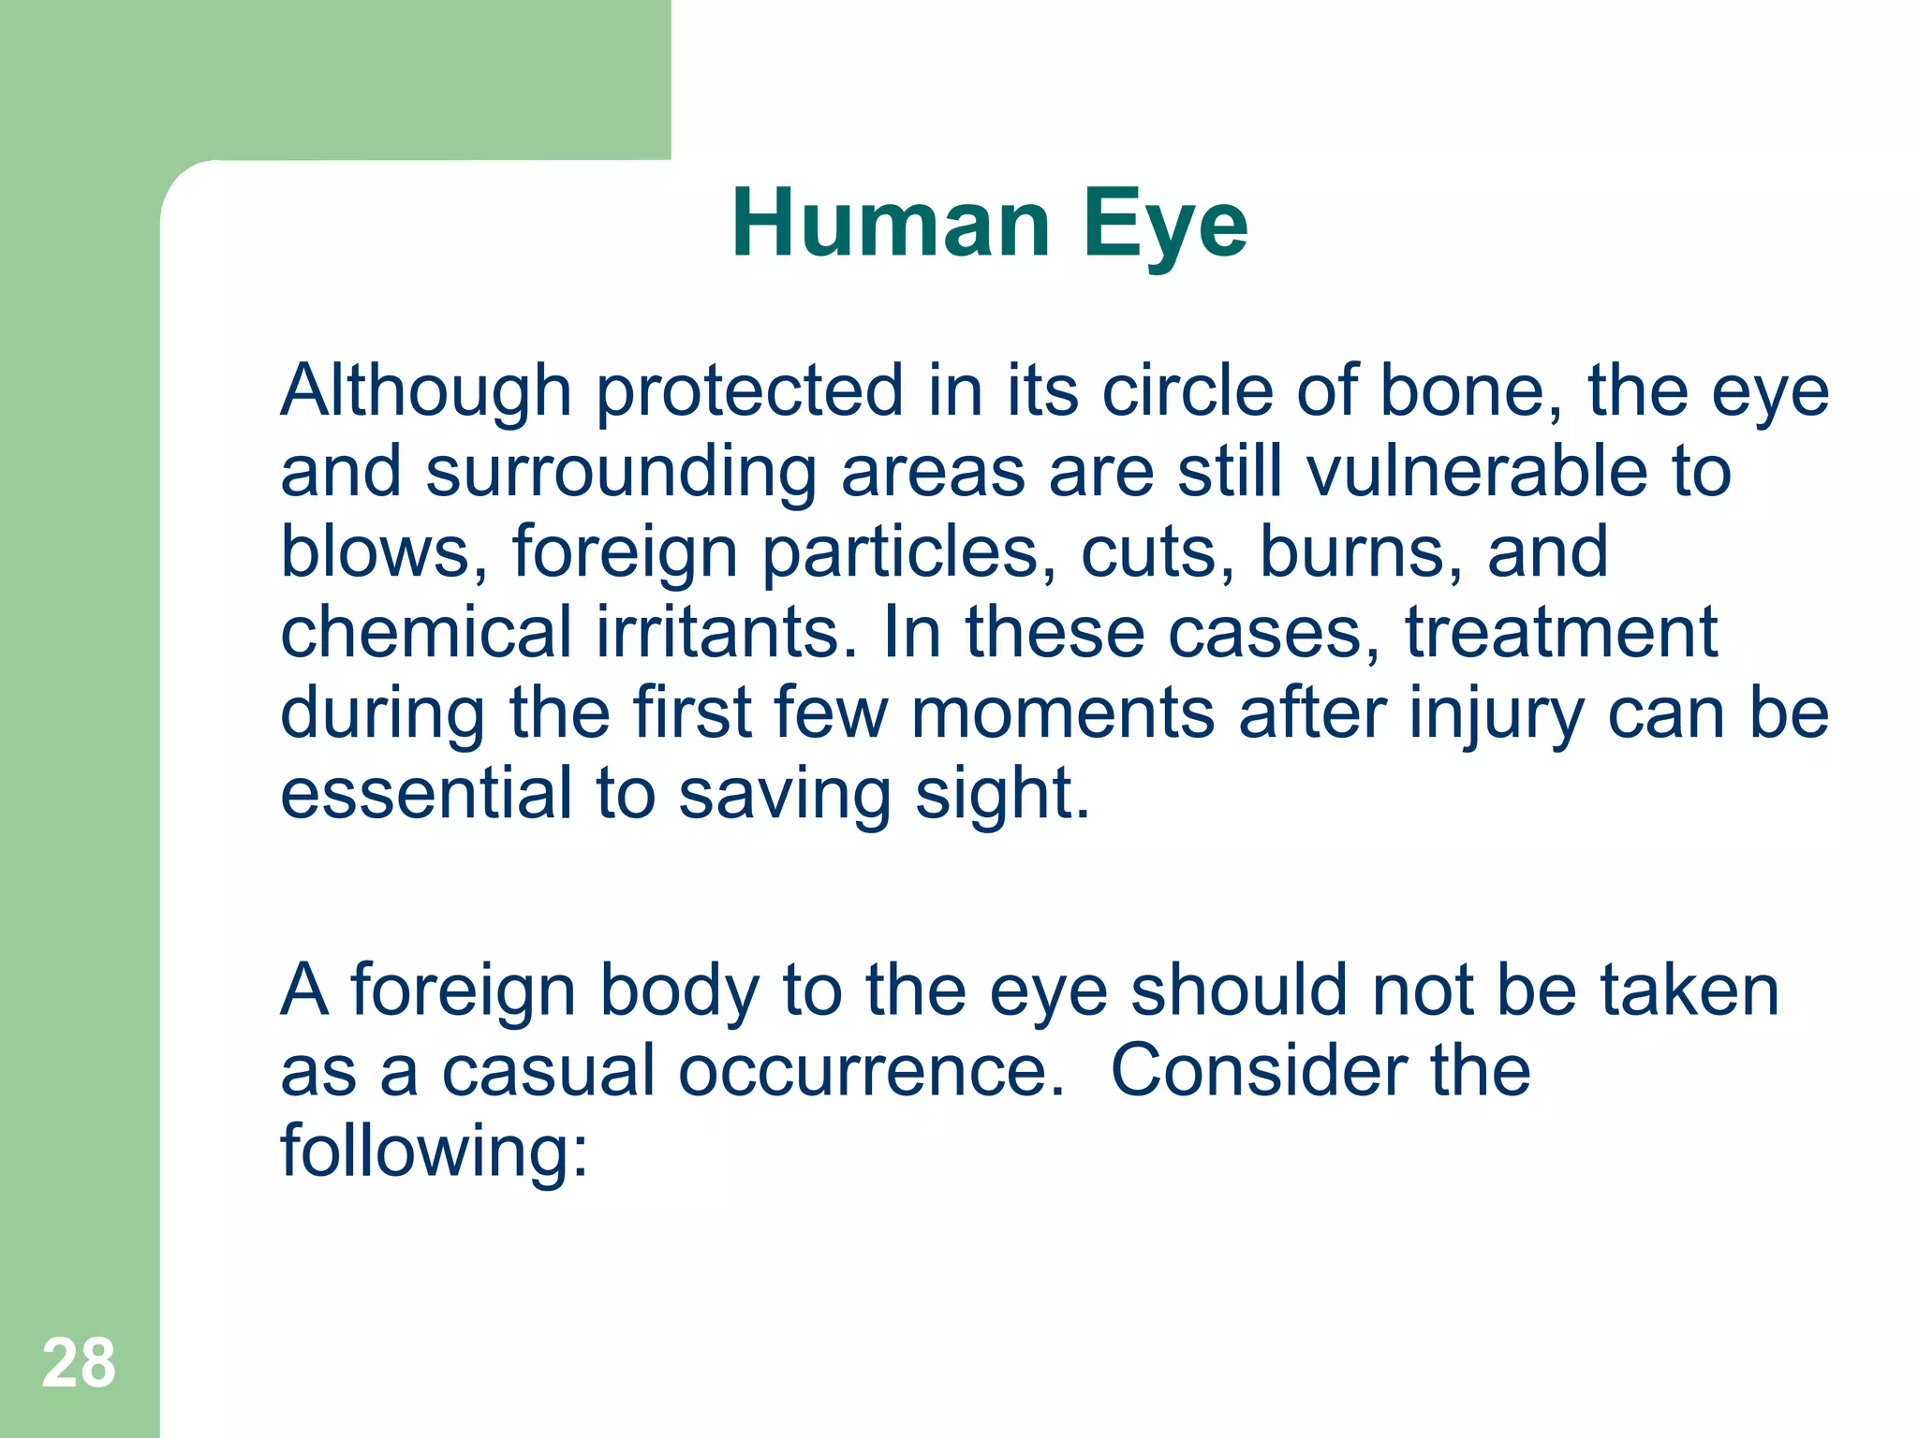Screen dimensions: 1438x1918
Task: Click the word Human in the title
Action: [891, 225]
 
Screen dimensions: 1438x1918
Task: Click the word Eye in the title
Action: [1165, 225]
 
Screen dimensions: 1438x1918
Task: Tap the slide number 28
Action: [79, 1364]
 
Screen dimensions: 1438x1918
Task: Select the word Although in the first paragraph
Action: [426, 391]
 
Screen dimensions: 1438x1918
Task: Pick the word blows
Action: [384, 551]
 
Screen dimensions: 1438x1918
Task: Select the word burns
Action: [1362, 551]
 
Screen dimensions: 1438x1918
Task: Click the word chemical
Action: [426, 632]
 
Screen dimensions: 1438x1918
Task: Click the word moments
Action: [1063, 713]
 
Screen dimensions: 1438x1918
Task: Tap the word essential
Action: [426, 794]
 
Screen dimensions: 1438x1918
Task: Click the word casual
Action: [548, 1071]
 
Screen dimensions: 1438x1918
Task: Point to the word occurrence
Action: [871, 1071]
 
